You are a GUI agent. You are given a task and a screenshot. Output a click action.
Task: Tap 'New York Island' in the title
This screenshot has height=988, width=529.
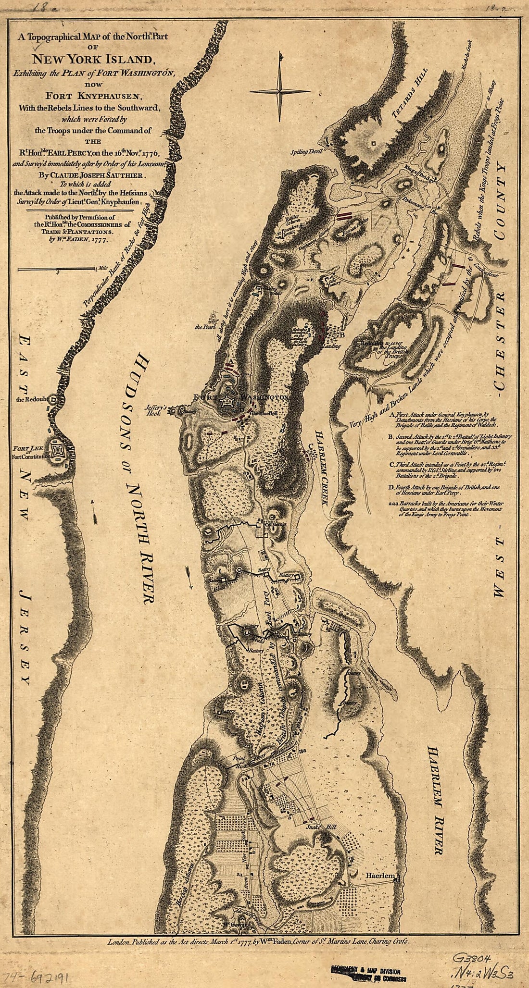point(91,60)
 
